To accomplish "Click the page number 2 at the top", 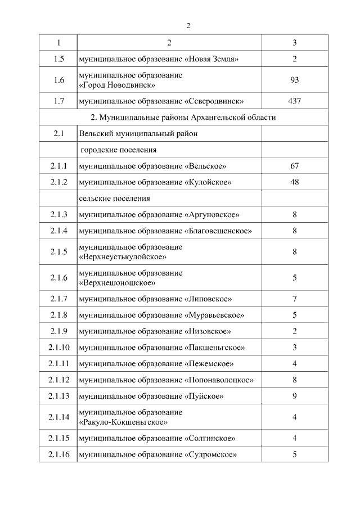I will click(188, 26).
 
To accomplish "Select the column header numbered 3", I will click(295, 43).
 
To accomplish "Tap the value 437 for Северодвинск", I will click(295, 101).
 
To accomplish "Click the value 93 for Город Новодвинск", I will click(295, 80).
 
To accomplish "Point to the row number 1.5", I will click(58, 59).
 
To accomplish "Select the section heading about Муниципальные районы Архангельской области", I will click(183, 118).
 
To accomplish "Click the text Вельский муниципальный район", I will click(138, 134).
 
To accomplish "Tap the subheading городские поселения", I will click(118, 150).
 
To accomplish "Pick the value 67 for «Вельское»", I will click(295, 166).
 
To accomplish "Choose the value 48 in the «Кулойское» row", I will click(295, 182).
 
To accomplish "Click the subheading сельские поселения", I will click(114, 199).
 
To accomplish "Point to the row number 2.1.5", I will click(58, 252).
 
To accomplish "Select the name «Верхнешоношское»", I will click(118, 283).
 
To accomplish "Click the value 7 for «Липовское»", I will click(295, 299).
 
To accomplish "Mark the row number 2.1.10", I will click(58, 347).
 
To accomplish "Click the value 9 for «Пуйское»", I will click(295, 396).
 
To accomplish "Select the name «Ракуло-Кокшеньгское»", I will click(124, 422).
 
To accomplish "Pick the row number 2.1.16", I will click(58, 454).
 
